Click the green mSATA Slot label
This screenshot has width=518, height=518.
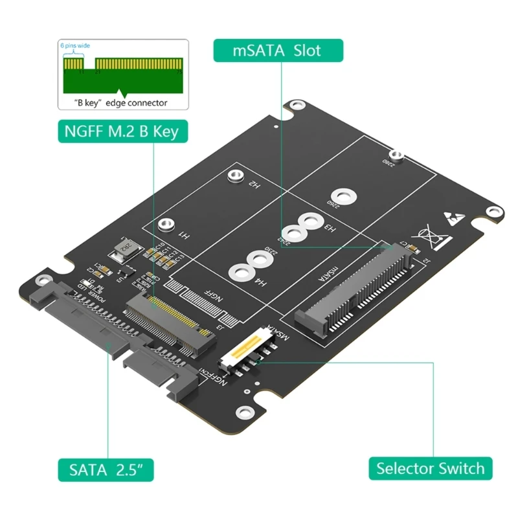point(276,50)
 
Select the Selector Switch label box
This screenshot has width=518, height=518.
point(430,468)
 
